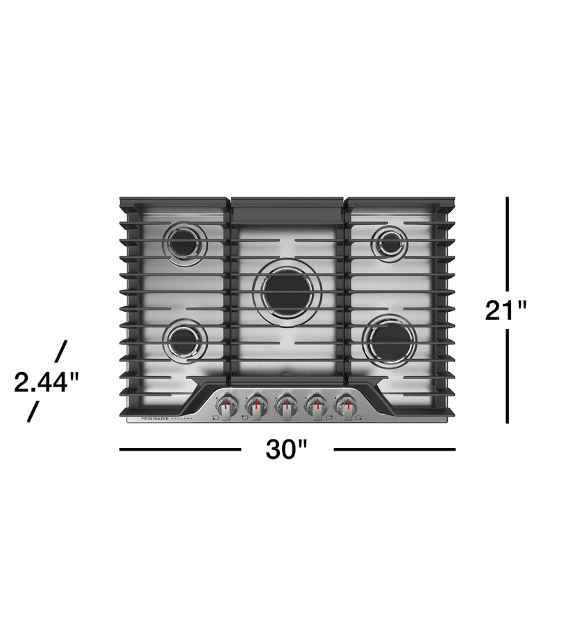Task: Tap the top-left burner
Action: pyautogui.click(x=185, y=244)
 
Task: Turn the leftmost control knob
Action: pyautogui.click(x=226, y=406)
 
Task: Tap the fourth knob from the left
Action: pyautogui.click(x=316, y=406)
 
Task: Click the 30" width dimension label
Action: pyautogui.click(x=287, y=450)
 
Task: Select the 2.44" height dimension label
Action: pyautogui.click(x=47, y=382)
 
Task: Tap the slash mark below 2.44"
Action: pyautogui.click(x=33, y=412)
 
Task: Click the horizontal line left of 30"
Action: pyautogui.click(x=180, y=449)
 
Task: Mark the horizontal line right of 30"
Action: pyautogui.click(x=394, y=449)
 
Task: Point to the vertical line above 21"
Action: pyautogui.click(x=508, y=242)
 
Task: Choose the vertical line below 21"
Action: pyautogui.click(x=508, y=376)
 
